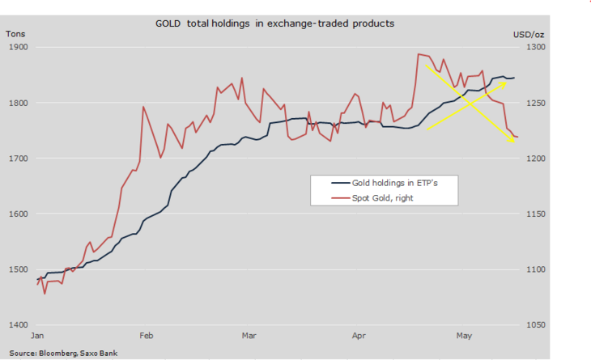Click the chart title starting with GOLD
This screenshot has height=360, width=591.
275,23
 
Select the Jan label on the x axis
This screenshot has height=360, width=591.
37,334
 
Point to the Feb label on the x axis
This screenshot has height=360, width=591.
146,334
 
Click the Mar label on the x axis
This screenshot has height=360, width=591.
249,334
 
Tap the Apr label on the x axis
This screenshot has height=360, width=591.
359,334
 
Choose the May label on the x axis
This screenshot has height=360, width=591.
464,334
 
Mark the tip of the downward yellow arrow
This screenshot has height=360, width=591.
516,142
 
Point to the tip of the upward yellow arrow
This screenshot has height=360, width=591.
508,83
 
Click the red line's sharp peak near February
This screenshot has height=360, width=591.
143,106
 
